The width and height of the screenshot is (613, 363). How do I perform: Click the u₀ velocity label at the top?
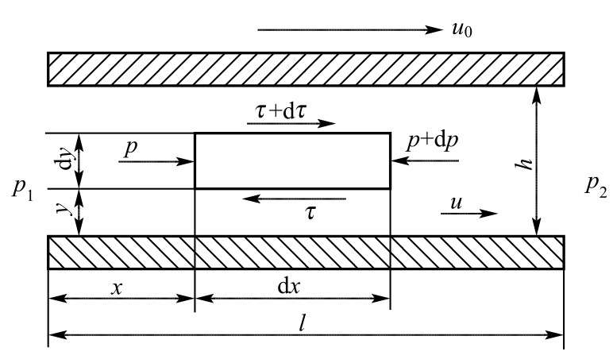coord(461,29)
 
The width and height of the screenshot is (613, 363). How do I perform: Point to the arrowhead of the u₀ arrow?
coord(438,29)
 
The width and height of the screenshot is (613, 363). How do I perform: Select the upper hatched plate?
coord(306,69)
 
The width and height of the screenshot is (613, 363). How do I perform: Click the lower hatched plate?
coord(306,253)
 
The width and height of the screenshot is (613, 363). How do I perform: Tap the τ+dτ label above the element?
coord(281,111)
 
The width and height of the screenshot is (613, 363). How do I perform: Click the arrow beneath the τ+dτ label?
coord(291,124)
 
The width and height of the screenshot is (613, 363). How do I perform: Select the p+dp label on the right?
coord(433,141)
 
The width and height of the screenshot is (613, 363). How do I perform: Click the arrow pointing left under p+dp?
coord(425,160)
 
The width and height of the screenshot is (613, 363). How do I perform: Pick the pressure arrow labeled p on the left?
coord(156,161)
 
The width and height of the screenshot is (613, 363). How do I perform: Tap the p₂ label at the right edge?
coord(596,186)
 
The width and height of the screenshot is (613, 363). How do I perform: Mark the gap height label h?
coord(528,164)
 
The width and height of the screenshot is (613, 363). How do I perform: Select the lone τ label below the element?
coord(310,214)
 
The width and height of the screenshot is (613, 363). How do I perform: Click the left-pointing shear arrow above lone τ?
coord(294,199)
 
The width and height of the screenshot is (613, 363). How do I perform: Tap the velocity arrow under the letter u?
coord(469,213)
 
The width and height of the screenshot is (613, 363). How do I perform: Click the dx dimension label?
coord(288,287)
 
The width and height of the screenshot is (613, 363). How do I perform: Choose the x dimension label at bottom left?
coord(117,289)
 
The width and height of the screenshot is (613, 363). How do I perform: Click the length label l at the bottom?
coord(302,324)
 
